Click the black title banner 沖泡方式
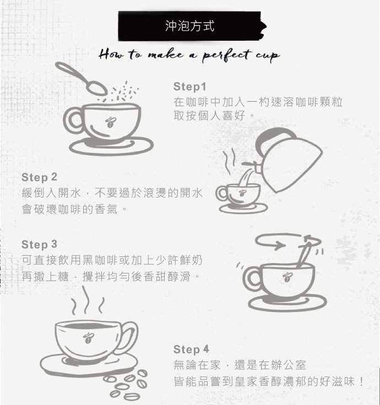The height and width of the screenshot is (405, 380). click(192, 26)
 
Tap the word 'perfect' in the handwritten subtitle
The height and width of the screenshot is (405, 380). click(226, 55)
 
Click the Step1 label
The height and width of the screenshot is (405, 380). click(190, 87)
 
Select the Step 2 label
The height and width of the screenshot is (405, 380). click(39, 177)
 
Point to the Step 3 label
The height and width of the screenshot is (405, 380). click(39, 244)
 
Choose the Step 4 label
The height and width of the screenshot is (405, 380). click(191, 349)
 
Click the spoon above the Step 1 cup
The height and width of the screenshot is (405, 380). click(81, 78)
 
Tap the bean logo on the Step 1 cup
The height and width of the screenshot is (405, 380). click(111, 122)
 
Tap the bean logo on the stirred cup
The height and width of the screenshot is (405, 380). click(286, 277)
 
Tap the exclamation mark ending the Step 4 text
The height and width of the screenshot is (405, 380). click(361, 381)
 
